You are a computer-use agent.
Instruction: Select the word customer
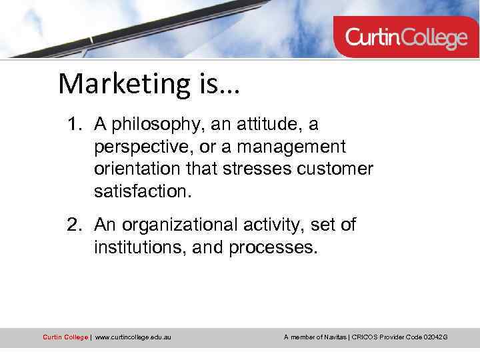(x=335, y=169)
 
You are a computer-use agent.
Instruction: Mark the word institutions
(x=139, y=249)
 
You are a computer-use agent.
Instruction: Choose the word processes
(x=273, y=249)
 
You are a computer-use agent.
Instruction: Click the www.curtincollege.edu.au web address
(x=133, y=337)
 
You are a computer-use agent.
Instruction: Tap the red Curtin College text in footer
(x=65, y=337)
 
